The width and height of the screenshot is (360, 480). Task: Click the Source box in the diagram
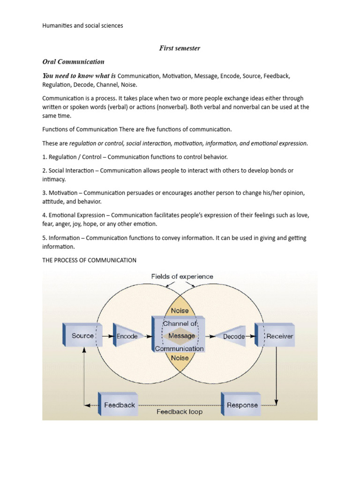click(82, 336)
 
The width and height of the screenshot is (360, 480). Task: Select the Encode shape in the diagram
click(127, 336)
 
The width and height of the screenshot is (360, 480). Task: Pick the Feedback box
click(119, 405)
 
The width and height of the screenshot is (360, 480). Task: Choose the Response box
click(242, 405)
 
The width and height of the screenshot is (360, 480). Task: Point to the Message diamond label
click(181, 336)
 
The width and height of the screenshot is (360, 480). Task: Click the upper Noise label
click(180, 310)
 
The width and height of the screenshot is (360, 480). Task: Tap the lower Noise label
click(180, 358)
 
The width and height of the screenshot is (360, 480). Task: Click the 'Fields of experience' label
click(182, 277)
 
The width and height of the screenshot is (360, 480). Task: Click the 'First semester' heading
click(180, 48)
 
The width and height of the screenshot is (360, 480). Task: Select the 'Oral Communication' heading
click(73, 61)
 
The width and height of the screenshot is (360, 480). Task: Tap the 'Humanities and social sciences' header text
click(82, 26)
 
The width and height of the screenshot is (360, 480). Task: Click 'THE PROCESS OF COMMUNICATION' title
click(89, 260)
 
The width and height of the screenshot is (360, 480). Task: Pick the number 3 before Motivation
click(44, 193)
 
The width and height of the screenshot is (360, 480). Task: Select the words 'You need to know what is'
click(79, 76)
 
